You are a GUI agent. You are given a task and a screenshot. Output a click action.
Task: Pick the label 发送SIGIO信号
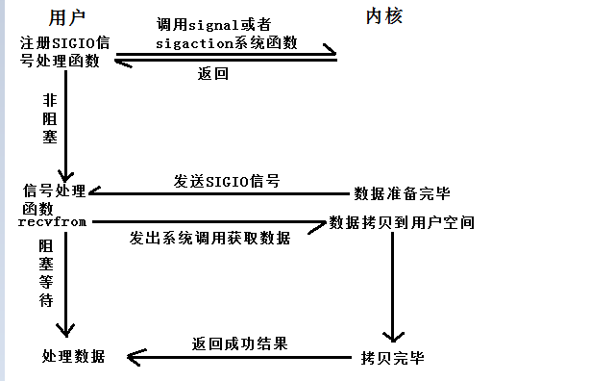pyautogui.click(x=227, y=181)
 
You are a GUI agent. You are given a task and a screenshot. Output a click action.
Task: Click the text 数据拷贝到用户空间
pyautogui.click(x=402, y=222)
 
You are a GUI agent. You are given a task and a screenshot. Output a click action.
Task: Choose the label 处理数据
pyautogui.click(x=70, y=356)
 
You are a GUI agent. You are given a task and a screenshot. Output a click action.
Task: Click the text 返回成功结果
pyautogui.click(x=240, y=343)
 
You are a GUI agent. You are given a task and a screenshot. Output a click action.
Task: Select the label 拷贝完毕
pyautogui.click(x=391, y=357)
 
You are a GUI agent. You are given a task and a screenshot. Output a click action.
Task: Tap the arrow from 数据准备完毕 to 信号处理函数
pyautogui.click(x=221, y=192)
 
